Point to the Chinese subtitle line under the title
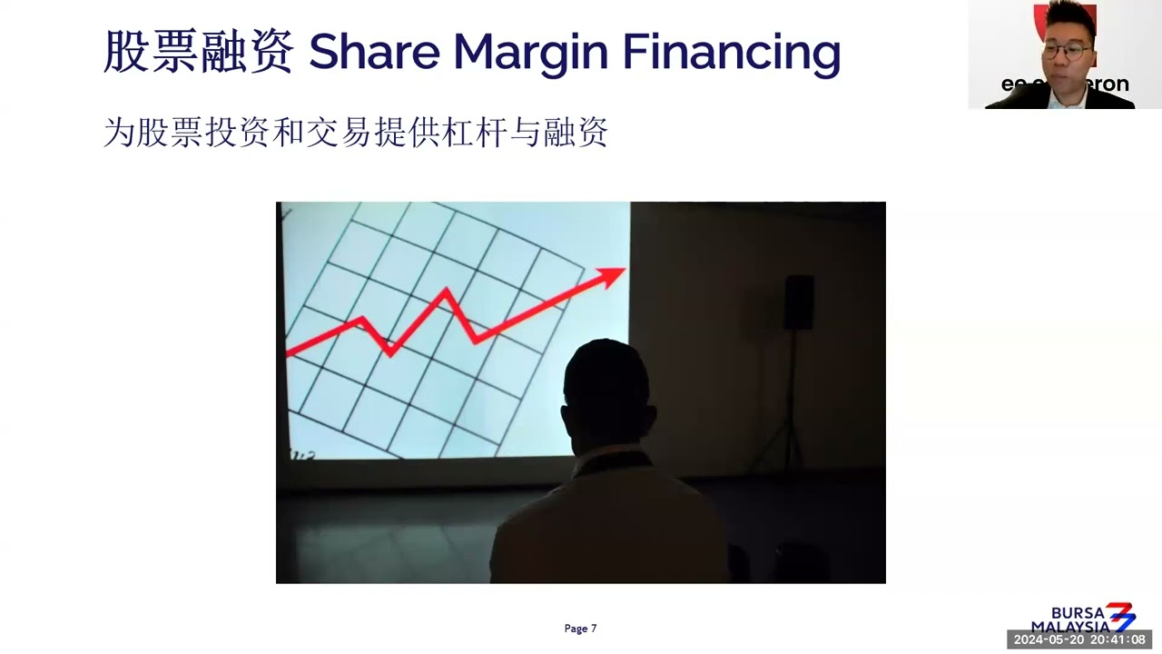pos(355,133)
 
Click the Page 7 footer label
pos(580,629)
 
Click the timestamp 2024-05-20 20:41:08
pos(1079,640)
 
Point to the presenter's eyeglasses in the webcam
pos(1068,51)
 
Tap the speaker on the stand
pos(799,302)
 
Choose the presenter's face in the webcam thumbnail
pos(1068,50)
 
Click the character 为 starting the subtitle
pos(119,133)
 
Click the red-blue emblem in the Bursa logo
pos(1120,616)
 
